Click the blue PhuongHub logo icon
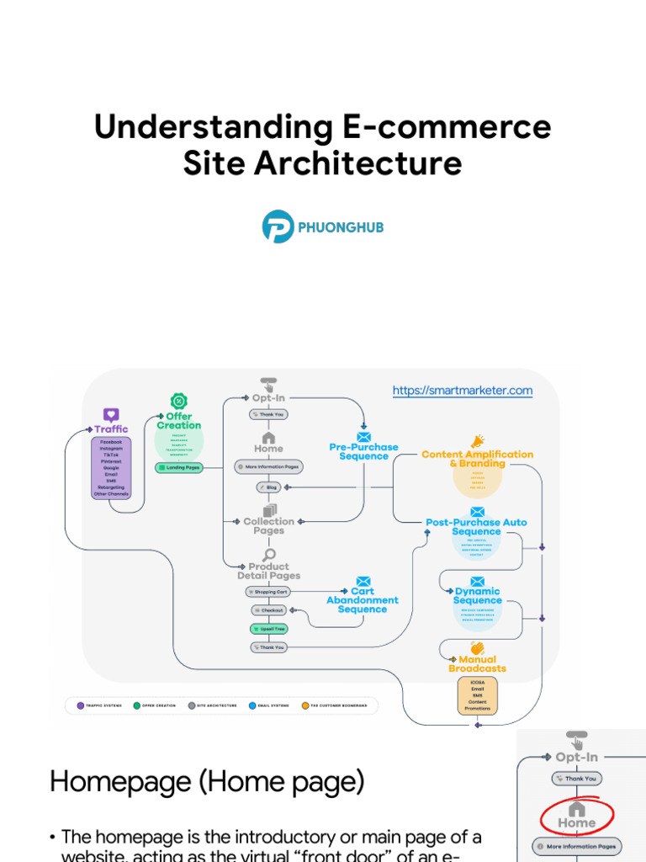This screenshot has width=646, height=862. (278, 227)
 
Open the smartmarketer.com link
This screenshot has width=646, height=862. (463, 391)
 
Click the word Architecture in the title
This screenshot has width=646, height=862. (367, 162)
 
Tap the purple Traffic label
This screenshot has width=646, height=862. (111, 429)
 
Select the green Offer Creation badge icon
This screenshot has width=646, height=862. (178, 402)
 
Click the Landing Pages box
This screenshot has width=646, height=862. (179, 467)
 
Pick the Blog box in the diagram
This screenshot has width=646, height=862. (268, 487)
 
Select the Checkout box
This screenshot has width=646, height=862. (269, 609)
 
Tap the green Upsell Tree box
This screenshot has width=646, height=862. (268, 629)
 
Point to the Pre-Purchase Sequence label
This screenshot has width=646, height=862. (363, 452)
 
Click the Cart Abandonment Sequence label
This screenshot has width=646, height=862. (363, 600)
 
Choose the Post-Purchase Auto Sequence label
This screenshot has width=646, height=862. (476, 527)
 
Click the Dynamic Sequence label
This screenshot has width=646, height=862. (477, 596)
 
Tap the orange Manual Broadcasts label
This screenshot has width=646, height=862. (477, 664)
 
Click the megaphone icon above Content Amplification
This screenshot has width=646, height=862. (478, 441)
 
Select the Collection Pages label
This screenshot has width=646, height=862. (269, 526)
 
